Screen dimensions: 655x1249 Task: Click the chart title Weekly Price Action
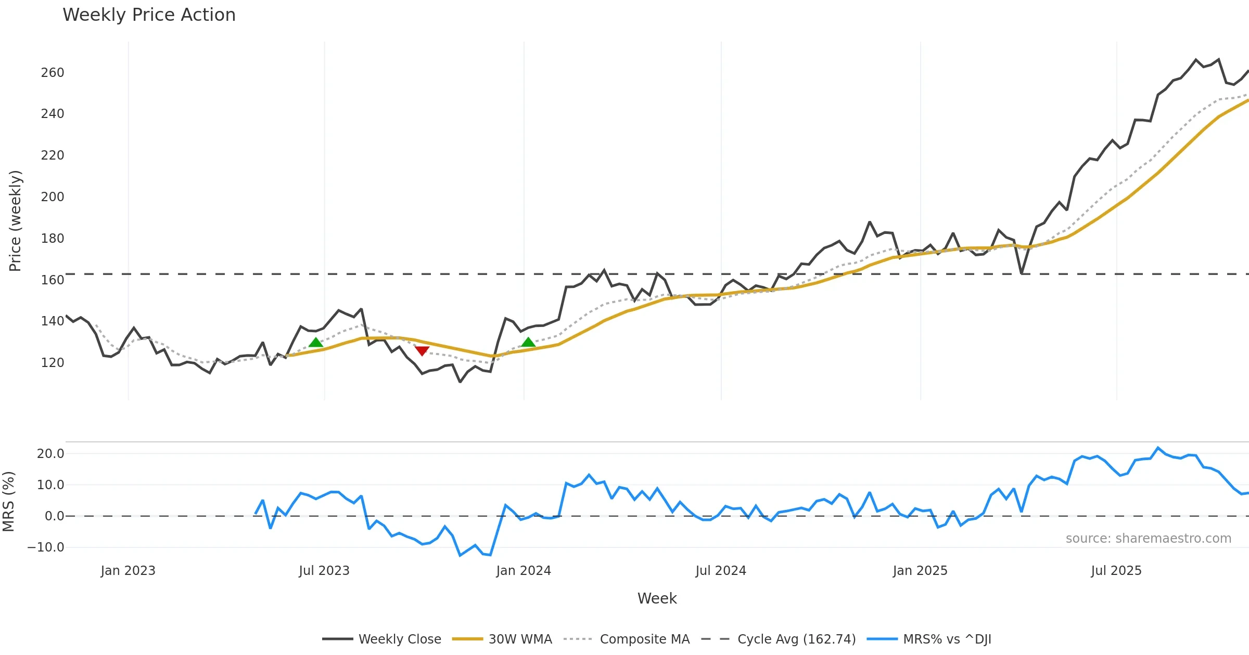click(x=149, y=15)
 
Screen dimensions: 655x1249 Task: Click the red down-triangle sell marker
click(x=422, y=351)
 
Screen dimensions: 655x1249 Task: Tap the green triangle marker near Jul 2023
click(x=316, y=342)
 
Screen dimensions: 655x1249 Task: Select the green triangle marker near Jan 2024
click(x=528, y=342)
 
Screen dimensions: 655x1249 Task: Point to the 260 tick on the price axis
click(x=53, y=73)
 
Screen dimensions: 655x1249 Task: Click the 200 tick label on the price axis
click(x=53, y=197)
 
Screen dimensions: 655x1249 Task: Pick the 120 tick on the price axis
click(x=53, y=363)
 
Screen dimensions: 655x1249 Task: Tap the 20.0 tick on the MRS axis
click(x=50, y=454)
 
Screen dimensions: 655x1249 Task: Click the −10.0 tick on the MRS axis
click(x=46, y=547)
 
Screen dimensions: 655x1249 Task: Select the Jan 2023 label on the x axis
click(x=128, y=571)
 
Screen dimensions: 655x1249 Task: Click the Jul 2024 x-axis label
click(x=721, y=571)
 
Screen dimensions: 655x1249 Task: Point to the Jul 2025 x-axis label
click(x=1116, y=571)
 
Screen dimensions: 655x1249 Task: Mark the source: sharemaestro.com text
click(x=1149, y=539)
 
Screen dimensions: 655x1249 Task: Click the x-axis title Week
click(x=657, y=599)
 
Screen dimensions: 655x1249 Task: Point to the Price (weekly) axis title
click(x=15, y=221)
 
